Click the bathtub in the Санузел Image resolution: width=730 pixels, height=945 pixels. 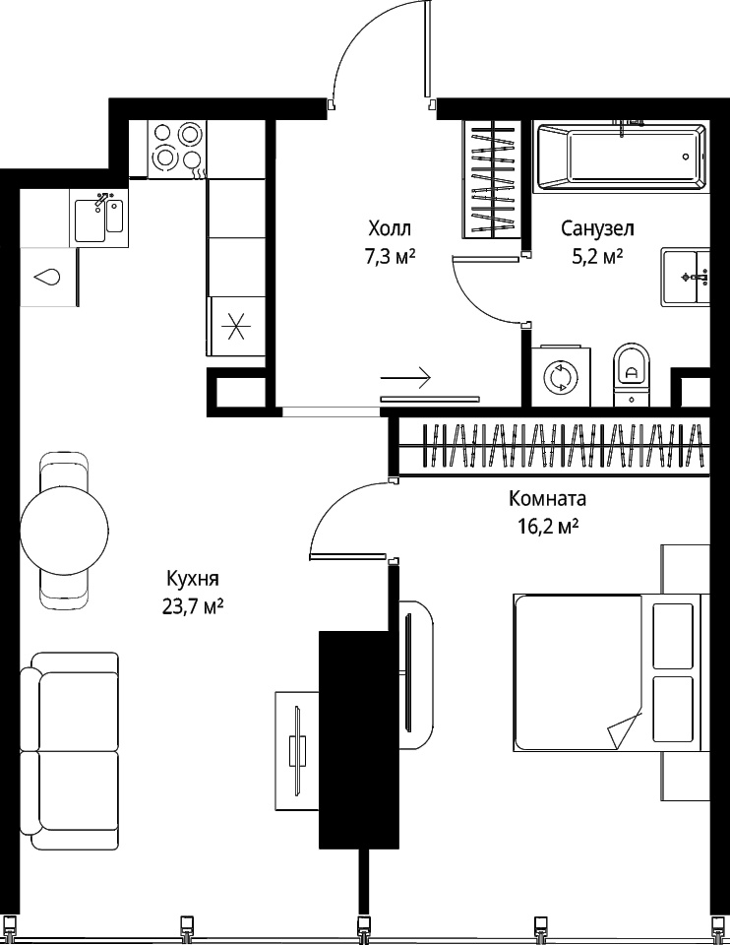(x=622, y=157)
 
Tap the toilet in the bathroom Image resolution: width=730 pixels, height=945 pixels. (x=632, y=375)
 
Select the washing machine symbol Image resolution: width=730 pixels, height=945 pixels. (x=561, y=376)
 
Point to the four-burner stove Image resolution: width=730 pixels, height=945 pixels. (x=177, y=149)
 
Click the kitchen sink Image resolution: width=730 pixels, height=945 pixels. (x=99, y=217)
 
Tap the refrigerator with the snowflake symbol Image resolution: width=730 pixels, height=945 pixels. (x=236, y=327)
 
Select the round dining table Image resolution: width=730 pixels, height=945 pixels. (x=65, y=531)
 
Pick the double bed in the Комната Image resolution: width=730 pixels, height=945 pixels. (x=608, y=673)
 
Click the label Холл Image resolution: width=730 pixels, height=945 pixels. (x=390, y=229)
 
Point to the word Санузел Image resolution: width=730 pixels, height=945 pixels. (x=597, y=229)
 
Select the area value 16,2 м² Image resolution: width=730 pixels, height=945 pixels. (x=548, y=527)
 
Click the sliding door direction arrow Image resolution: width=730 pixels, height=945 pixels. (x=405, y=378)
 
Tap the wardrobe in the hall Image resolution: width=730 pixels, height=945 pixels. (x=493, y=179)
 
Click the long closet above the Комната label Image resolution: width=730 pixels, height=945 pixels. (x=554, y=446)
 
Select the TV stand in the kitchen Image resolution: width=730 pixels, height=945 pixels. (x=297, y=751)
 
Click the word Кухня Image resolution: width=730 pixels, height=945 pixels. (x=193, y=579)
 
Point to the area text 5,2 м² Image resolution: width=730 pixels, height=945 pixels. (x=597, y=257)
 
